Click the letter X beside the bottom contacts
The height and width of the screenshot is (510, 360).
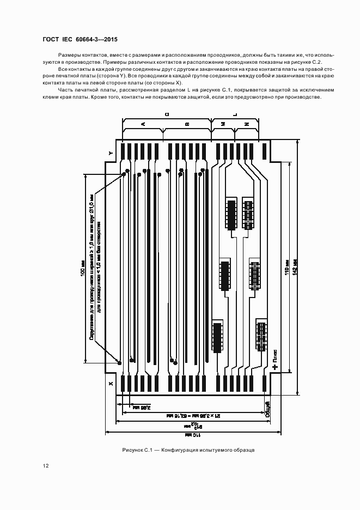click(x=111, y=384)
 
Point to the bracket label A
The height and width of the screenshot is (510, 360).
click(x=143, y=125)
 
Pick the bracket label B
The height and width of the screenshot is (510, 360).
click(x=187, y=125)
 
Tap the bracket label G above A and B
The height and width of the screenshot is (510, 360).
click(x=167, y=114)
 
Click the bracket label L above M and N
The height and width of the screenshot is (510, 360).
click(x=235, y=114)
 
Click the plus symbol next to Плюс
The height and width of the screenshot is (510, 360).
click(x=275, y=367)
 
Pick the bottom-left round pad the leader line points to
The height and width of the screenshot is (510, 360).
click(x=119, y=362)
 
